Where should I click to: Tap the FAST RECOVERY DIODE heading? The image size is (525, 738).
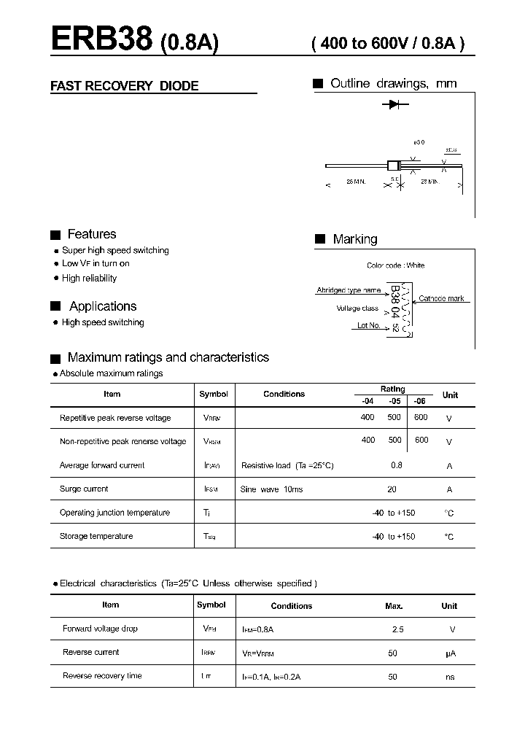coord(124,86)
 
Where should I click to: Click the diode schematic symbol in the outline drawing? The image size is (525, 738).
coord(394,105)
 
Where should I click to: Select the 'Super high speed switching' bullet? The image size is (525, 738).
coord(115,250)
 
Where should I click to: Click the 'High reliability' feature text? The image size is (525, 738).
coord(89,278)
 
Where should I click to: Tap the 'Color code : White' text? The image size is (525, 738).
coord(395,265)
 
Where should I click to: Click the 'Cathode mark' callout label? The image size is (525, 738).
coord(441,298)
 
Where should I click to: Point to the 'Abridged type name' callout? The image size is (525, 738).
coord(349,290)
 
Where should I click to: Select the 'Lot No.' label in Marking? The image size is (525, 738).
coord(368,325)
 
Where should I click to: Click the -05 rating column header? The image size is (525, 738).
coord(394,400)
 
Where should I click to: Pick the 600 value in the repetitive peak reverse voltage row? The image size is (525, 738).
coord(421,417)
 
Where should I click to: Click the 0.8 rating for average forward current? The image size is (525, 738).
coord(396,465)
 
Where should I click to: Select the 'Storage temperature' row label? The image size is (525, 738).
coord(96,536)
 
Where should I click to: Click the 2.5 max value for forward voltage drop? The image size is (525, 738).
coord(397,629)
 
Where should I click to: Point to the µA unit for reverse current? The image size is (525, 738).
coord(450,653)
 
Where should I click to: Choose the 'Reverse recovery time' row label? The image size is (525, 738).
coord(102,676)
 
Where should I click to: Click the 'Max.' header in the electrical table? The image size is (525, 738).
coord(394,606)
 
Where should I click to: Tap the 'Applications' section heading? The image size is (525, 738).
coord(103,306)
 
